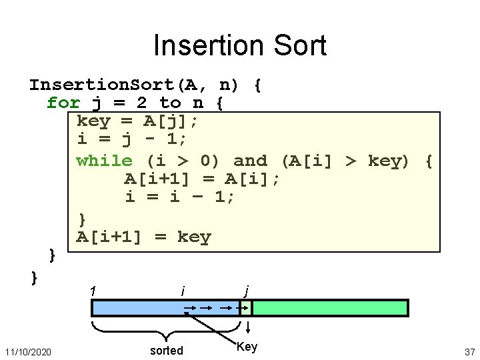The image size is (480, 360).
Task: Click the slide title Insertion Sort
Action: point(240,46)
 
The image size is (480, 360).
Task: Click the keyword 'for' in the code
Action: point(63,103)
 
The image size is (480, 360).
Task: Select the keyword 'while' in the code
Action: point(105,161)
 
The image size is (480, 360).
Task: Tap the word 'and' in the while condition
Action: point(251,161)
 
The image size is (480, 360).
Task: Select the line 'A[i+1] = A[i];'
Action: point(202,179)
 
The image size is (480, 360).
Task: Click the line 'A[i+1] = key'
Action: point(143,237)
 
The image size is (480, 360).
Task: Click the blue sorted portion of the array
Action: point(140,308)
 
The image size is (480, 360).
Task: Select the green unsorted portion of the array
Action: point(329,308)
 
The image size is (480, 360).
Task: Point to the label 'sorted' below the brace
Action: point(167,351)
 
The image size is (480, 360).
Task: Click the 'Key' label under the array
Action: point(247,347)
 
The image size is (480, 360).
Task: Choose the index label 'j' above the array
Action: point(247,291)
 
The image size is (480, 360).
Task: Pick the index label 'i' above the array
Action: point(183,291)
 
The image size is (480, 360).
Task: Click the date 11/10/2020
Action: point(28,351)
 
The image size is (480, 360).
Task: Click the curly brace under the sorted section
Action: point(166,329)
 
